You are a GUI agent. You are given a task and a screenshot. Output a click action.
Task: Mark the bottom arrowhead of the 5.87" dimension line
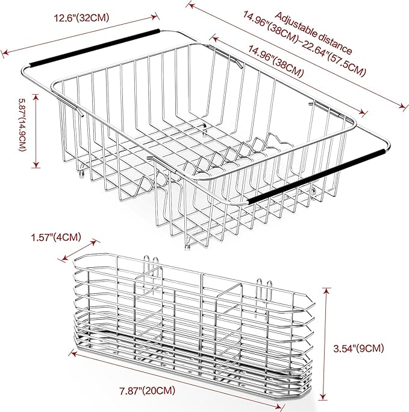coord(37,165)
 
